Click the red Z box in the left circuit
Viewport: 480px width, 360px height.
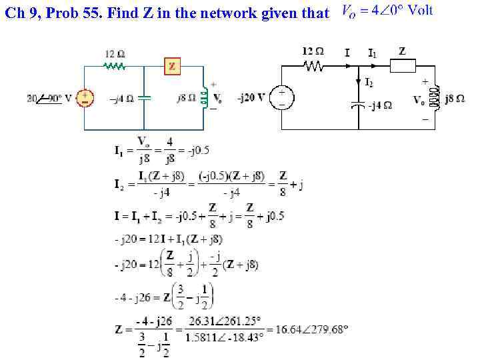pos(173,66)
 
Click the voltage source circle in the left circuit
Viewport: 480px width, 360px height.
pos(85,99)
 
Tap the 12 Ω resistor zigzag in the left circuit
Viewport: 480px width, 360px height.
pos(115,66)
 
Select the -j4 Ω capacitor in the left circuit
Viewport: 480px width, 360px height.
pos(144,98)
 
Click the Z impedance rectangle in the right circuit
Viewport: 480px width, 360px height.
pos(403,65)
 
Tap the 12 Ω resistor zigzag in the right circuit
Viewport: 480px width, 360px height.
pos(313,65)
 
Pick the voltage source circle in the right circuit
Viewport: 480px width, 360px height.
pos(283,97)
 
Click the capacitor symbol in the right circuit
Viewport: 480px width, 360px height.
pos(359,104)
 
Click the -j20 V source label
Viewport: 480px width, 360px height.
pos(251,98)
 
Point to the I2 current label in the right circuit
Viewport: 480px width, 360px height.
pos(369,82)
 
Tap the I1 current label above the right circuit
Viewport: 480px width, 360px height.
pos(372,52)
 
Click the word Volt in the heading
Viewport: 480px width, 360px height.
pos(420,11)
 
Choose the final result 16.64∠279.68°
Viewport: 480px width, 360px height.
pos(309,329)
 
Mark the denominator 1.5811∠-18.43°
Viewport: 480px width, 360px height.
pos(223,337)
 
